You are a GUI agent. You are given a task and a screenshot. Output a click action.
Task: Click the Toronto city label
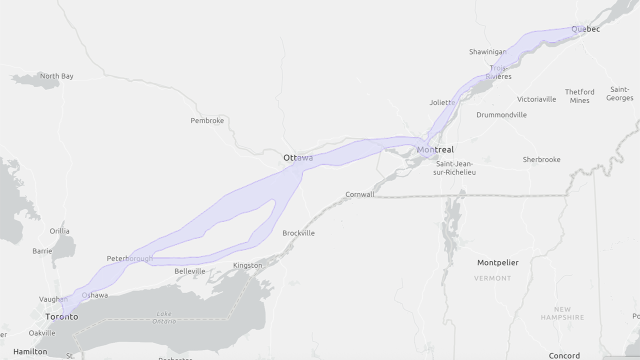[x=61, y=317]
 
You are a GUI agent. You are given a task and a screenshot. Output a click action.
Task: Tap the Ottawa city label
[x=298, y=158]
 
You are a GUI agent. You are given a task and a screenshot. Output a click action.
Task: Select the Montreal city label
[x=435, y=149]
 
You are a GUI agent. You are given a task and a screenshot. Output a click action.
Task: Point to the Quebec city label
[x=585, y=29]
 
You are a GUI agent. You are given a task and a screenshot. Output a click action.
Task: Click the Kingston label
[x=247, y=265]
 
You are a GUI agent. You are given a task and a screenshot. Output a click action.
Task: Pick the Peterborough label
[x=130, y=258]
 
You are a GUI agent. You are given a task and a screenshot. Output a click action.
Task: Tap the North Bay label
[x=56, y=76]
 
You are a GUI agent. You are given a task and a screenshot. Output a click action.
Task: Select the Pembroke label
[x=207, y=120]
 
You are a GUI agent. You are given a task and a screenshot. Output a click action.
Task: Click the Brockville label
[x=298, y=233]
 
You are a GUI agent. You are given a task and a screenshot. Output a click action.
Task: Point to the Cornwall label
[x=359, y=194]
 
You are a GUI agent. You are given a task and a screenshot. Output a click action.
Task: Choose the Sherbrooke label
[x=541, y=159]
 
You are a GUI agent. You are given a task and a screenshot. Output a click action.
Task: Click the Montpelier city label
[x=497, y=262]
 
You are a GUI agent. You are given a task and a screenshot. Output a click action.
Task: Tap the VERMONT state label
[x=492, y=278]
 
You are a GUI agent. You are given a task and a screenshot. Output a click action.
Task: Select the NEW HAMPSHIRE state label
[x=562, y=313]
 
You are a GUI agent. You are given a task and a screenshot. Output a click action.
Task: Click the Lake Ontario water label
[x=164, y=317]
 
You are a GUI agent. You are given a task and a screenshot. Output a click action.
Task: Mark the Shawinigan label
[x=487, y=52]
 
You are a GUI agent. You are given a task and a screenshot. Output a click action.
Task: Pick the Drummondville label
[x=501, y=114]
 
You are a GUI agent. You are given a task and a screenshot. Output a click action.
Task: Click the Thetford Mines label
[x=579, y=96]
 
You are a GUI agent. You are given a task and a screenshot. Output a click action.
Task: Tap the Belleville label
[x=189, y=271]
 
